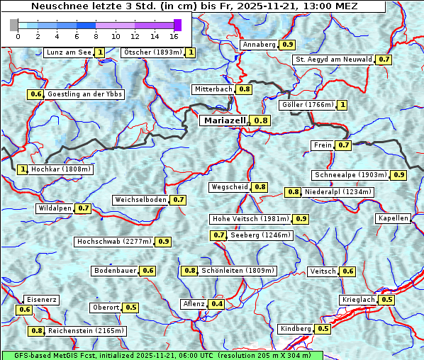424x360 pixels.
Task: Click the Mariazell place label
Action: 224,120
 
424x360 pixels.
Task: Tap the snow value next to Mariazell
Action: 262,120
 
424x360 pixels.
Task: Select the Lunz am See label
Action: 68,52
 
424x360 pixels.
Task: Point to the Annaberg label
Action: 259,45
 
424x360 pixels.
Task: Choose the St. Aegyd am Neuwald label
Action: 333,60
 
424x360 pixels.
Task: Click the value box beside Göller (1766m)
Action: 342,105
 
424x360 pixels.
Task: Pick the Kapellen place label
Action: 394,218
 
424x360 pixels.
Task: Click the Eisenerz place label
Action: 40,300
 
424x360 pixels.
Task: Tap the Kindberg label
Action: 296,329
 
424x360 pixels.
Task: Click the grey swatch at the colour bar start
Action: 14,25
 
